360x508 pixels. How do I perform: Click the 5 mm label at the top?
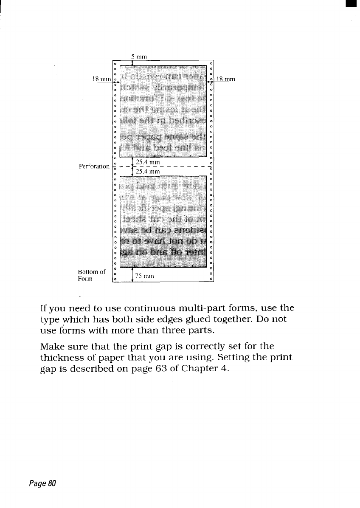[x=139, y=56]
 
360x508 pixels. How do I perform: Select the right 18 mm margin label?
[x=226, y=79]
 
